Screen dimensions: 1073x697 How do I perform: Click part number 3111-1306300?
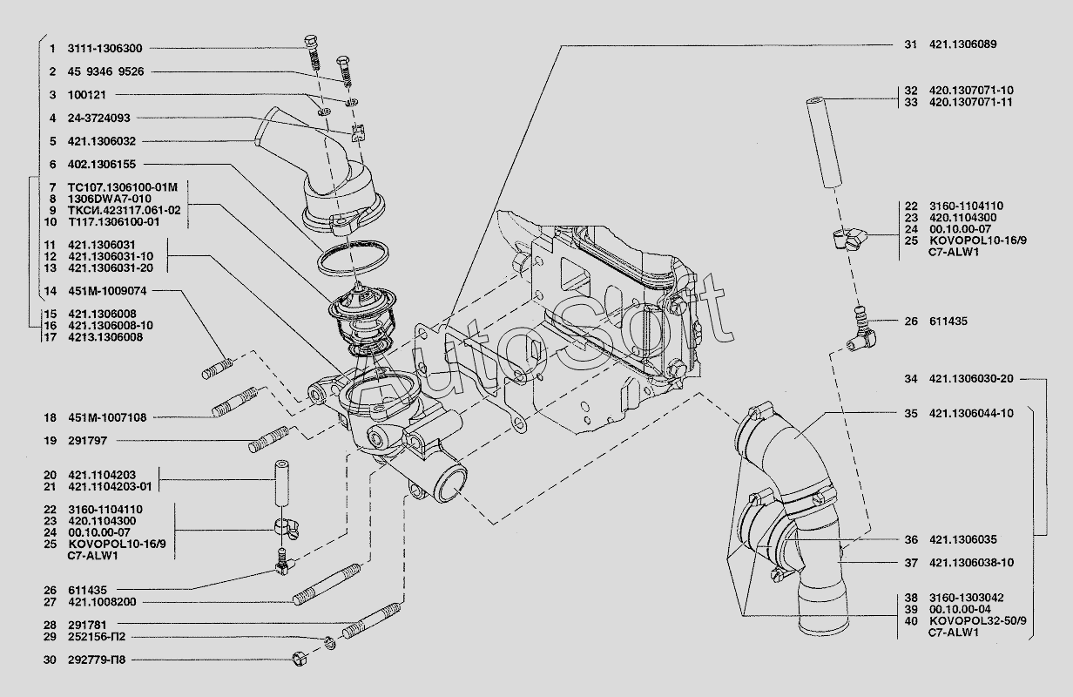[105, 49]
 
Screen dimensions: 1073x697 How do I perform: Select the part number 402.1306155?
[102, 165]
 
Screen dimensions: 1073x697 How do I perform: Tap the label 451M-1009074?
[107, 291]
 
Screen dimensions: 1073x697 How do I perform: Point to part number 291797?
[88, 440]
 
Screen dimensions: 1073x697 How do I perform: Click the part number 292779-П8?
[97, 660]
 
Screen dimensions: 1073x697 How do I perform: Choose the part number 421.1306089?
[963, 44]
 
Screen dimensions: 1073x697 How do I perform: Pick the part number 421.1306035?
[963, 539]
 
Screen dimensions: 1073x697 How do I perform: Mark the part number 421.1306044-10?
[971, 413]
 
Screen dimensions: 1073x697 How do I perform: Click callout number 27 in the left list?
[50, 602]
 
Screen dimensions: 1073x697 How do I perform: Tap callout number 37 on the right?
[911, 562]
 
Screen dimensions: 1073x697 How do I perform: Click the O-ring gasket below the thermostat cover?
[353, 258]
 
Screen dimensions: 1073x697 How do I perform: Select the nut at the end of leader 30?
[299, 660]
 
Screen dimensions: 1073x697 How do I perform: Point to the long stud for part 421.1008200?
[327, 585]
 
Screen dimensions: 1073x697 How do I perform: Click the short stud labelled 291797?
[269, 439]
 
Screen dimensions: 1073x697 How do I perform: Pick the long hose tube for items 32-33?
[825, 142]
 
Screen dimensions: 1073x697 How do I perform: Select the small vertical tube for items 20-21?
[282, 483]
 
